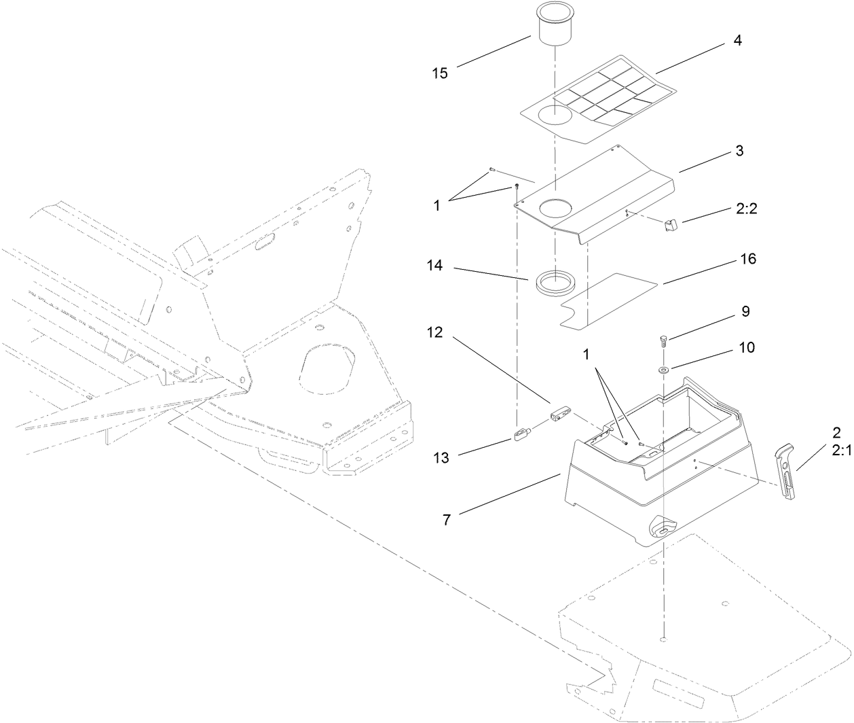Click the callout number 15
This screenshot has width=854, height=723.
(x=440, y=73)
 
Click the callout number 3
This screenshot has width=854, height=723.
(x=739, y=151)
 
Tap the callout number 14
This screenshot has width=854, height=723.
(x=435, y=266)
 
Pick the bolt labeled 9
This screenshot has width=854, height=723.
(x=664, y=340)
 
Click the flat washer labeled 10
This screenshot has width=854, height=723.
(x=663, y=370)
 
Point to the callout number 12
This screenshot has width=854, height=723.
(x=435, y=333)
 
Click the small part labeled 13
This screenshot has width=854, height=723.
(x=521, y=434)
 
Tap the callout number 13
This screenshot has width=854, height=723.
(x=441, y=458)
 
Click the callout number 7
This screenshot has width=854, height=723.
(x=446, y=520)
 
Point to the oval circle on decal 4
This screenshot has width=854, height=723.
(x=555, y=115)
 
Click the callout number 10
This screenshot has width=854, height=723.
(x=746, y=347)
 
